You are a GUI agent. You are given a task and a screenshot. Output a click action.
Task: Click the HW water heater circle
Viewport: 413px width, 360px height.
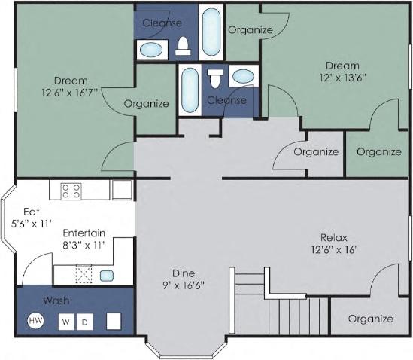point(35,321)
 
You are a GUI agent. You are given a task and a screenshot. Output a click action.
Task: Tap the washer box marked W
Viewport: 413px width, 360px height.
point(66,322)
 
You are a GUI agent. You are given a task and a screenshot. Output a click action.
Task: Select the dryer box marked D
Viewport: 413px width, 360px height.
point(85,322)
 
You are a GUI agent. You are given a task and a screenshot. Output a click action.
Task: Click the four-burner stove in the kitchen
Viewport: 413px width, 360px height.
point(71,190)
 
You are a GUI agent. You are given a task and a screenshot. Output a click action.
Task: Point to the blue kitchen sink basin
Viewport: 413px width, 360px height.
point(107,275)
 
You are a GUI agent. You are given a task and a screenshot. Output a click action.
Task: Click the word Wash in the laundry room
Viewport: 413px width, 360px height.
point(56,301)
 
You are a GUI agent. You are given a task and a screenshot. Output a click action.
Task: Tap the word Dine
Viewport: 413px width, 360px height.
point(184,273)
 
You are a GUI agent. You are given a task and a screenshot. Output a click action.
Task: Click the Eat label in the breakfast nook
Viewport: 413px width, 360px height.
point(31,212)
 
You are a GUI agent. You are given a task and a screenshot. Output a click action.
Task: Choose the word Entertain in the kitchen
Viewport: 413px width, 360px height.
point(84,233)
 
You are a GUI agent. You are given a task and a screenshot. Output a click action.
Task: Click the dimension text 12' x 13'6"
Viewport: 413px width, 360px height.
point(342,78)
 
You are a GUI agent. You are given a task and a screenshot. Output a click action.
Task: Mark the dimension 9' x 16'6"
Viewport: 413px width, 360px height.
point(184,286)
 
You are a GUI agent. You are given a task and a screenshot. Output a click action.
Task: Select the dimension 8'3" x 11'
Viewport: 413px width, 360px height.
point(83,245)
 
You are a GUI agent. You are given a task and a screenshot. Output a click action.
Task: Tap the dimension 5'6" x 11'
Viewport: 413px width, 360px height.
point(32,224)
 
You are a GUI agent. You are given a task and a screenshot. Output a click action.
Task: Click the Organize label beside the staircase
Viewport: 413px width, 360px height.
point(370,319)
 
